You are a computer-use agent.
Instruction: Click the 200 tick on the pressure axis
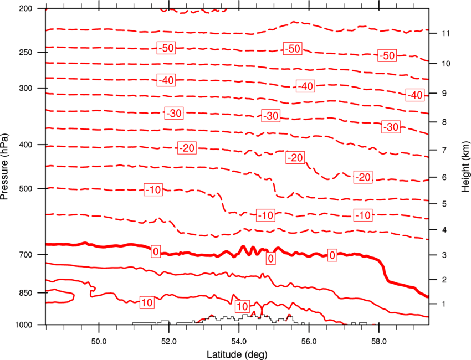[x=25, y=8]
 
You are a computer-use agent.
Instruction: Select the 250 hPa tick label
[x=25, y=52]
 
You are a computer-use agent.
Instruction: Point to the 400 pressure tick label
[x=25, y=145]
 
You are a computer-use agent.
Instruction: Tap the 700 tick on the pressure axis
[x=25, y=255]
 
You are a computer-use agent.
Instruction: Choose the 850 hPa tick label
[x=25, y=293]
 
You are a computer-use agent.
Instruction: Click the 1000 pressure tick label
[x=24, y=325]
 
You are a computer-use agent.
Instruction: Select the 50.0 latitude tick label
[x=99, y=342]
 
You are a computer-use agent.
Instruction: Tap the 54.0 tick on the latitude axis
[x=239, y=342]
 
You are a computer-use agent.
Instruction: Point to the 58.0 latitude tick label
[x=379, y=342]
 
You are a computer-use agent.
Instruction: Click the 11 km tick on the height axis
[x=446, y=33]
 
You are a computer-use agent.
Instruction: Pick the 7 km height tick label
[x=444, y=150]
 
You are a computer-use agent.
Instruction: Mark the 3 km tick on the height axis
[x=444, y=255]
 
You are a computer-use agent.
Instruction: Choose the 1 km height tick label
[x=444, y=304]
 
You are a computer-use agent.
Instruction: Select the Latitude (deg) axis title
[x=237, y=354]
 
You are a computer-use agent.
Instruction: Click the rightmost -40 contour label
[x=415, y=95]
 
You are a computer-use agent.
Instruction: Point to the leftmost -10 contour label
[x=153, y=190]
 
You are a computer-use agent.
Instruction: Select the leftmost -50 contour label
[x=166, y=48]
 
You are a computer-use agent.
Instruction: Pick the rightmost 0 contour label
[x=332, y=255]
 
